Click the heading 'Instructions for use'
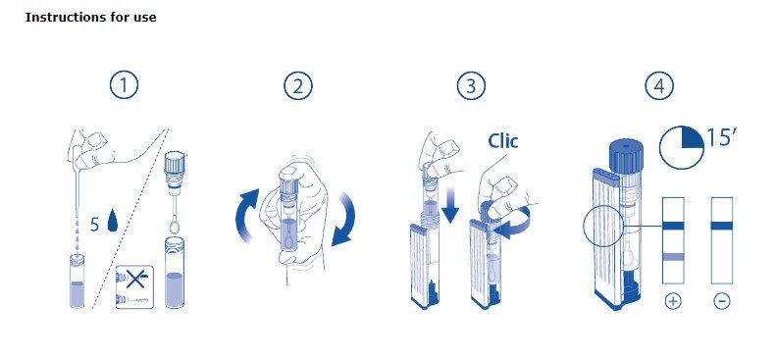90,18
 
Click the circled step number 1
124,85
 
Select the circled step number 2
298,85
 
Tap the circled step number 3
471,85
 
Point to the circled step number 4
659,85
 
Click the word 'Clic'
503,141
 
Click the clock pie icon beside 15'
682,147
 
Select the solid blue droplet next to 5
113,221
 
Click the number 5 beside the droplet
95,225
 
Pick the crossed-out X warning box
134,287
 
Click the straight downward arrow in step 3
450,205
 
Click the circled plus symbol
672,300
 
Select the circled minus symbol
721,300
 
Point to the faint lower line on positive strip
673,257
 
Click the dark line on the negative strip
721,226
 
